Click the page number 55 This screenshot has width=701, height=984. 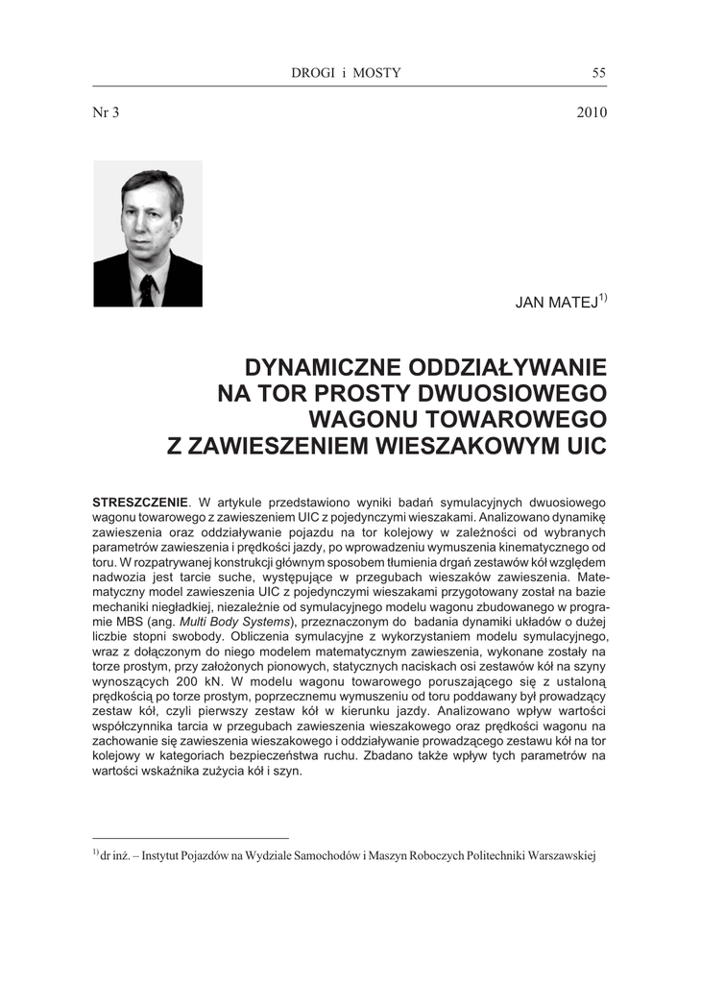[x=599, y=73]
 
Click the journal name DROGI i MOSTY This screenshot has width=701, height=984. [x=346, y=73]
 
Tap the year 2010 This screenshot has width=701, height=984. [x=592, y=111]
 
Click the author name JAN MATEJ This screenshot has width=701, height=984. [x=557, y=302]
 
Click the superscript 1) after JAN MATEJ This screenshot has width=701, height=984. [x=603, y=297]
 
